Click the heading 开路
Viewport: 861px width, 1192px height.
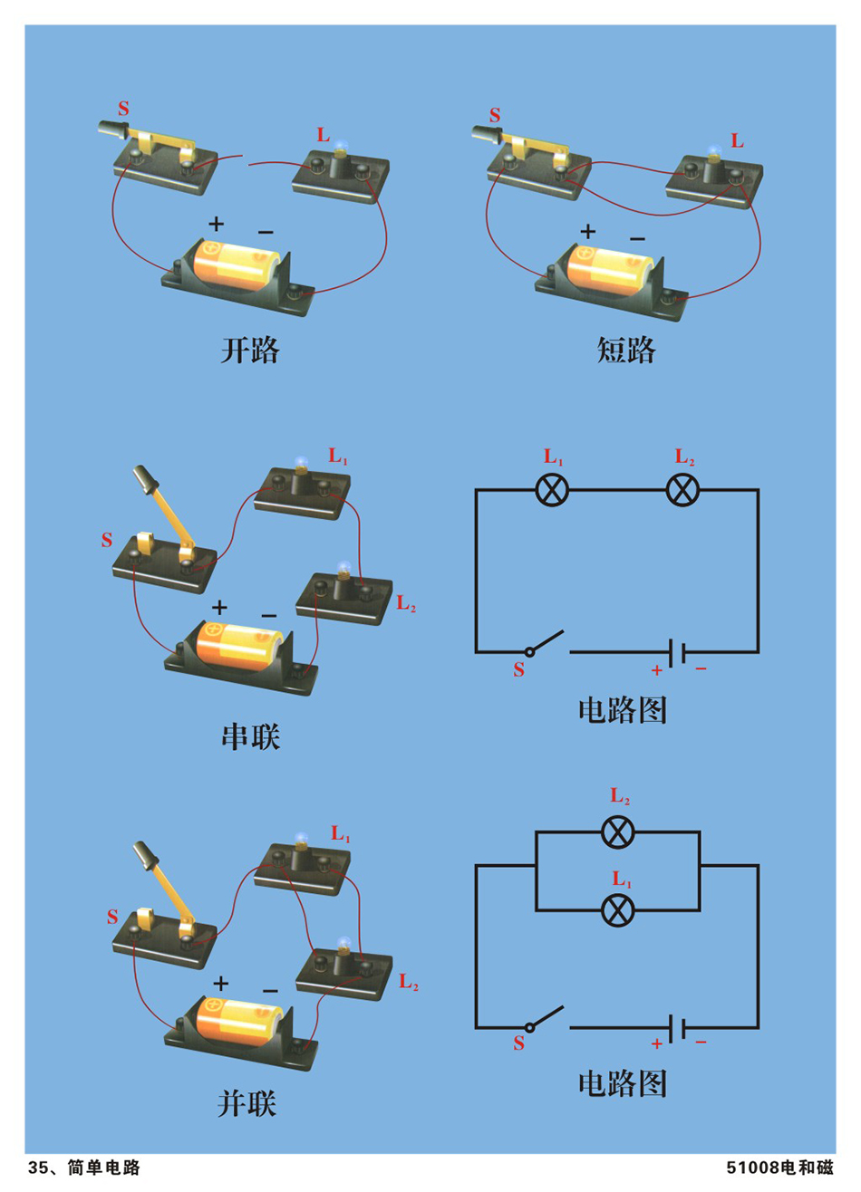(x=249, y=350)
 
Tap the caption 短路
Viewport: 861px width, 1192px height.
(x=625, y=350)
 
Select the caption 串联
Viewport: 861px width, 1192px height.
(x=250, y=736)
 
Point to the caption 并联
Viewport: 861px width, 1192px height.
(x=247, y=1103)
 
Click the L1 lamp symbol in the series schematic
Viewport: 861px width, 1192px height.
(x=552, y=490)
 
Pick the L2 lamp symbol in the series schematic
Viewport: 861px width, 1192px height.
(x=682, y=490)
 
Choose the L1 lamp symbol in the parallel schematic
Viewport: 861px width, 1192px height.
(x=618, y=908)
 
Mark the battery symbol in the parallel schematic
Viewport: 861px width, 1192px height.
(x=676, y=1028)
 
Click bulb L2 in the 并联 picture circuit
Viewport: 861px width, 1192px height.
(x=343, y=948)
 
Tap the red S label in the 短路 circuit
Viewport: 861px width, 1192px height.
(x=495, y=116)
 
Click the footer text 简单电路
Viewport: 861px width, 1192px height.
(x=104, y=1168)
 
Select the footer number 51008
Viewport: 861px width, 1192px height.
(x=753, y=1168)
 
